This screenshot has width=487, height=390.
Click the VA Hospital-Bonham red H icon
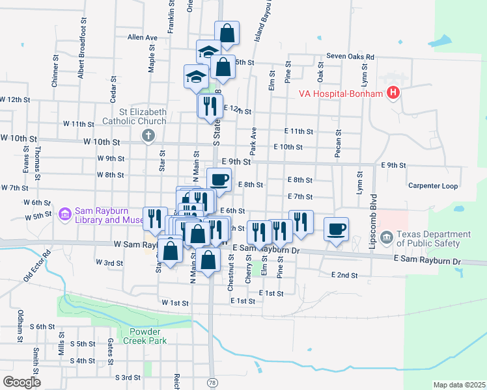(393, 94)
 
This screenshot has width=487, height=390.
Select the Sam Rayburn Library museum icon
(64, 214)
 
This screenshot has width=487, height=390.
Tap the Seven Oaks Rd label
(350, 57)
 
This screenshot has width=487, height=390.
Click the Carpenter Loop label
(433, 185)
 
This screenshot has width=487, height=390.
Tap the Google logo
(21, 382)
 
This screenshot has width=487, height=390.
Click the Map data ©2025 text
(459, 385)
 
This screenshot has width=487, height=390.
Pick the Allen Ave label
(143, 38)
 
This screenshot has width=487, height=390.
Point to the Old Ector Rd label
(38, 263)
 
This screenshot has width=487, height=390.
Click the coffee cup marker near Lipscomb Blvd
(337, 229)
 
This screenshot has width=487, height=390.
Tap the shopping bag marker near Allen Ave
(227, 33)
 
